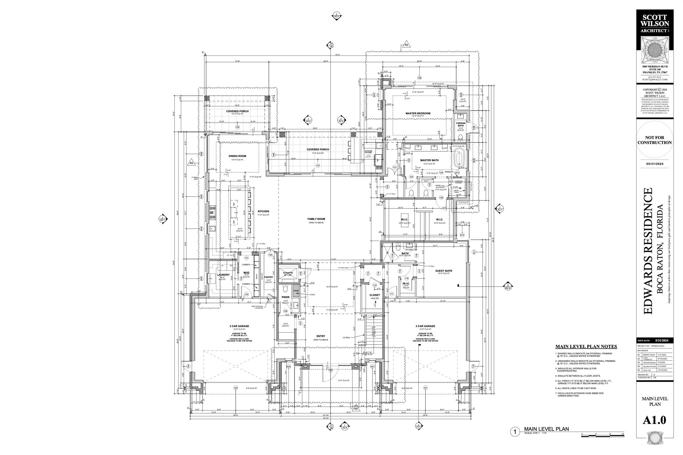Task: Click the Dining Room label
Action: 237,156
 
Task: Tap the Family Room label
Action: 316,219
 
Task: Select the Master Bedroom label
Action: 418,113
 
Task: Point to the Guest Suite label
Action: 444,271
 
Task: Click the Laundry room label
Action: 223,275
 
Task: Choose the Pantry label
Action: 269,277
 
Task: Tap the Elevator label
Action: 287,273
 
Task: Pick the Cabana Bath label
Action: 461,124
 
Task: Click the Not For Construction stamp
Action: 654,140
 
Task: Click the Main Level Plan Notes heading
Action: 586,347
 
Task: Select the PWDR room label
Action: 285,297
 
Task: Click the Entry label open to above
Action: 320,336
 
